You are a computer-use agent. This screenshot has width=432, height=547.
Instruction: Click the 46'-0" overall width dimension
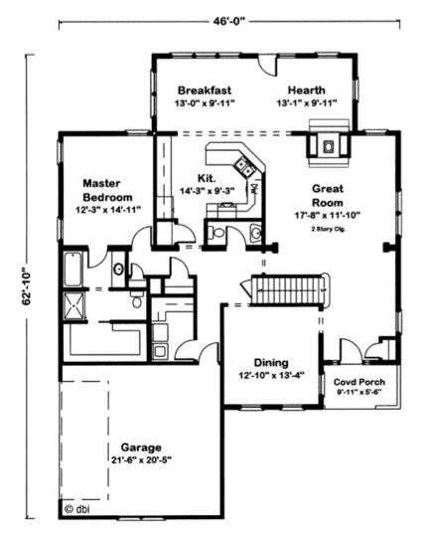(x=229, y=21)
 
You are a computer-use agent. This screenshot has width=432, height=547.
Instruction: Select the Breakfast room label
(x=205, y=91)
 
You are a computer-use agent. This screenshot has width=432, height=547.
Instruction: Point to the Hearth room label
(x=307, y=90)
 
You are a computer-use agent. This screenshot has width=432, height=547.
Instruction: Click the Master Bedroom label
(x=107, y=190)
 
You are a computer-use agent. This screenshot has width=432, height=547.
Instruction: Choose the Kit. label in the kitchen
(x=207, y=178)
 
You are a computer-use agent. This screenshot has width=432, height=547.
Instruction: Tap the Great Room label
(x=328, y=195)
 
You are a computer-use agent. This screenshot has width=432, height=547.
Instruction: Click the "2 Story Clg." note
(x=328, y=229)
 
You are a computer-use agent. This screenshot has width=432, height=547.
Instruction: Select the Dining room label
(x=271, y=363)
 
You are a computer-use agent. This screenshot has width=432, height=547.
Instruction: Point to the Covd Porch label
(x=360, y=382)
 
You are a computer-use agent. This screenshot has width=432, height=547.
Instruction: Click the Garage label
(x=141, y=448)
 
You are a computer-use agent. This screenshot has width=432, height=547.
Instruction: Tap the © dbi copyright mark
(x=77, y=509)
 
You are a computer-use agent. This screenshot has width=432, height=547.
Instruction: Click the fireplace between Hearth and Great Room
(x=328, y=144)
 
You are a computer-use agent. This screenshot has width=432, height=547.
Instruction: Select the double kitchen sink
(x=244, y=167)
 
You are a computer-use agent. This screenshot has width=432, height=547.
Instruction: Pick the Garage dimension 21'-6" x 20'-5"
(x=142, y=460)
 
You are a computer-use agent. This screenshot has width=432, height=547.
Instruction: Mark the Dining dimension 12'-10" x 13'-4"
(x=271, y=376)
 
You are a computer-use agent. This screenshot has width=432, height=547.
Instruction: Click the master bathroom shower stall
(x=73, y=305)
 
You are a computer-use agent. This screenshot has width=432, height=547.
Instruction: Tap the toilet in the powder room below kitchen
(x=216, y=233)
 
